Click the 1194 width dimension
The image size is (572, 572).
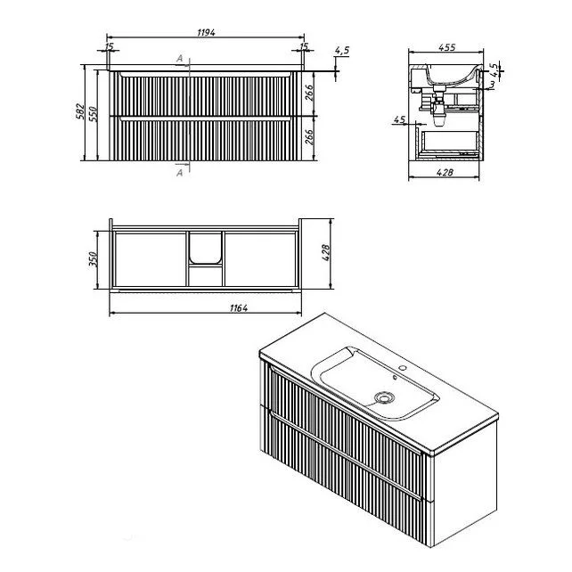tap(207, 32)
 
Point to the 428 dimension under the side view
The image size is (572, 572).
tap(445, 172)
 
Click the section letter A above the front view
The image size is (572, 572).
tap(180, 58)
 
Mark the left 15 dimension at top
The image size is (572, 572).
tap(109, 45)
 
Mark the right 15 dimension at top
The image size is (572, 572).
tap(304, 45)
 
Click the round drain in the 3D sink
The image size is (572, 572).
tap(385, 398)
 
